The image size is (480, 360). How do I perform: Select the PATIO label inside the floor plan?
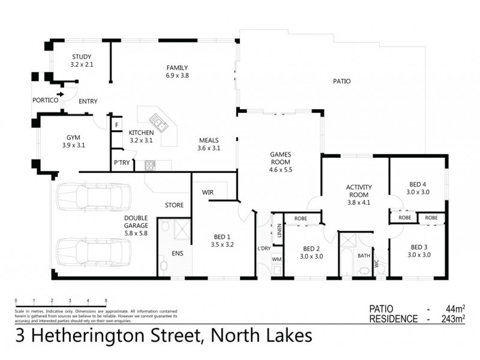[341, 81]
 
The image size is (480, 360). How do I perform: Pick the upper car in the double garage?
[93, 195]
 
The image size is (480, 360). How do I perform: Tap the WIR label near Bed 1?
[208, 193]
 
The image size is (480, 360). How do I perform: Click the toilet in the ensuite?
[163, 265]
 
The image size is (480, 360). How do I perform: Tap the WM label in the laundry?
[277, 259]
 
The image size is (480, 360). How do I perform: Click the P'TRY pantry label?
[121, 163]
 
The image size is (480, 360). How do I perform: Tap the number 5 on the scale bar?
[106, 300]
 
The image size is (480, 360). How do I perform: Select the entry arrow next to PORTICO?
[61, 94]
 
